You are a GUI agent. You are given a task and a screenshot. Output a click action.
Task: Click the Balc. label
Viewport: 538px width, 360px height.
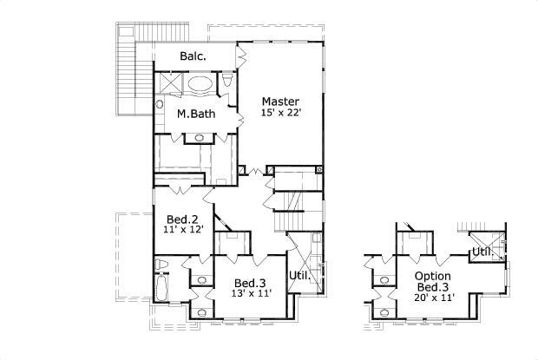(x=193, y=56)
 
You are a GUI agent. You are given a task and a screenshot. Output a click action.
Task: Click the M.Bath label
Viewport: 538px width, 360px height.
(x=196, y=114)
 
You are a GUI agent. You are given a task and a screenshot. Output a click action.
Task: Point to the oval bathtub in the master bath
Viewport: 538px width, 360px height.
(x=200, y=85)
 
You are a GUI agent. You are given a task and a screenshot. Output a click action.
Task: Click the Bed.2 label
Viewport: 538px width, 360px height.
(x=182, y=219)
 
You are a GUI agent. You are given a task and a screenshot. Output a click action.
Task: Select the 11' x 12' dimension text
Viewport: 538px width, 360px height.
(x=182, y=231)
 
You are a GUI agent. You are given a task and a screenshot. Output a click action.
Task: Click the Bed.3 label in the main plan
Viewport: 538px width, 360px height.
(x=250, y=283)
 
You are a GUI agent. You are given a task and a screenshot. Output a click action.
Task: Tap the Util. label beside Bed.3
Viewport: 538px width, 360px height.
(x=299, y=275)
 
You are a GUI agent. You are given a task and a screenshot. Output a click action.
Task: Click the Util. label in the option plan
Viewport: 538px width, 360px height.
(x=482, y=251)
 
